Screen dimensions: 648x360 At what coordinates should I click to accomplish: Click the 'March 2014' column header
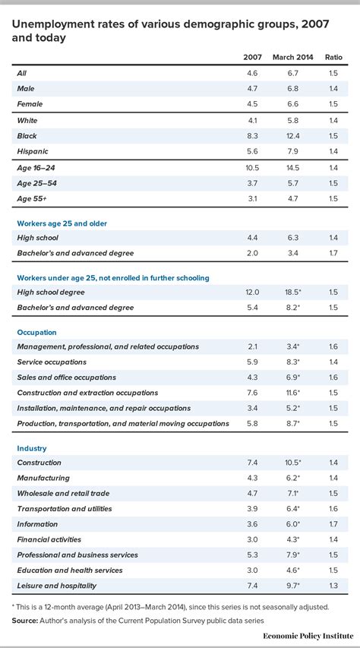point(292,58)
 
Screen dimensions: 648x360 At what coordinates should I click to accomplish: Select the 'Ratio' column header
point(333,58)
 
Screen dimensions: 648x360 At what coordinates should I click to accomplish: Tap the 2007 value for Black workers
point(252,136)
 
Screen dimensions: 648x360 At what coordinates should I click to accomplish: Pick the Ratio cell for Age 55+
point(333,198)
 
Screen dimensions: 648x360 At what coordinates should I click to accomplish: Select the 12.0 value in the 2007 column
point(252,292)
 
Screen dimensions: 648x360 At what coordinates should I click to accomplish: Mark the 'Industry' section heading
point(33,448)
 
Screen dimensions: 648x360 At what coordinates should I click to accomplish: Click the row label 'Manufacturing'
point(43,478)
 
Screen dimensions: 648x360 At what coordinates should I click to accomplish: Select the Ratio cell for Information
point(333,524)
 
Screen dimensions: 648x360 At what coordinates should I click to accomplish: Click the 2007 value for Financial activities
point(252,539)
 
